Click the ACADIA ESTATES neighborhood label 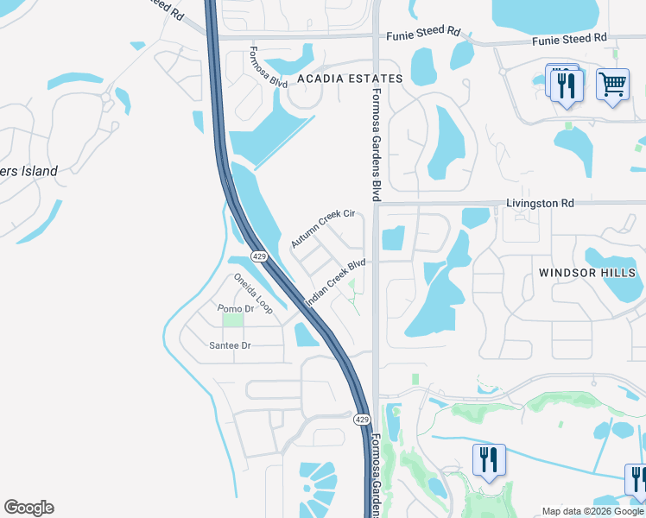click(x=350, y=79)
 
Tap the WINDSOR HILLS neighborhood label click(x=587, y=273)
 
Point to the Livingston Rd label click(x=539, y=204)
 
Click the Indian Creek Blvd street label click(x=336, y=282)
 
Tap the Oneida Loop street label click(x=253, y=294)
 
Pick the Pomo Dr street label click(x=235, y=308)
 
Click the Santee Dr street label click(x=230, y=345)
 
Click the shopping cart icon click(x=612, y=85)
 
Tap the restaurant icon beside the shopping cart click(x=567, y=85)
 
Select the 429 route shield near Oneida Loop click(x=258, y=257)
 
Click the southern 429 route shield click(x=362, y=419)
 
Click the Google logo click(x=28, y=508)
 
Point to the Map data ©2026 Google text click(x=592, y=510)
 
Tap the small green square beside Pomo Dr click(x=232, y=320)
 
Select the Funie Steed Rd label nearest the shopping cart click(x=569, y=39)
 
